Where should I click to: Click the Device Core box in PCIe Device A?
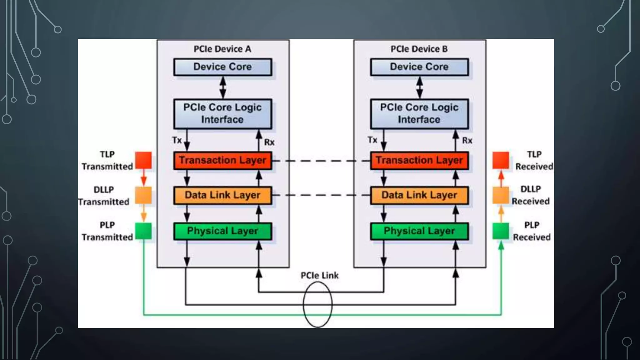[x=222, y=67]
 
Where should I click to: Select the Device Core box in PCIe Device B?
[x=419, y=67]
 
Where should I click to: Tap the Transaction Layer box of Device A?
[x=222, y=161]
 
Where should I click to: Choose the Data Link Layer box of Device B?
[x=419, y=195]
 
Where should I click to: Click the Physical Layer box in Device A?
[x=222, y=231]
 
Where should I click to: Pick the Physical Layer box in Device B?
[x=419, y=231]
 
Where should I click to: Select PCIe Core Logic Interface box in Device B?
[x=419, y=114]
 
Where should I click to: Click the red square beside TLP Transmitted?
[x=143, y=160]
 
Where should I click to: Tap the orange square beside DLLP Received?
[x=501, y=195]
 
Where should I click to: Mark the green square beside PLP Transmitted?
[x=143, y=231]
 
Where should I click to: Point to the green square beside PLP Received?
[x=501, y=231]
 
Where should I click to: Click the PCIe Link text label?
[x=319, y=275]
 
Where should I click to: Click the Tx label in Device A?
[x=177, y=140]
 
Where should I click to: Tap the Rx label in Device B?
[x=467, y=141]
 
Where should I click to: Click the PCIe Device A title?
[x=222, y=49]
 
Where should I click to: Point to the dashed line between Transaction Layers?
[x=321, y=161]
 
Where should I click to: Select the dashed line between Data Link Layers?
[x=321, y=195]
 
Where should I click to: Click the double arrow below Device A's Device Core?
[x=222, y=87]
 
